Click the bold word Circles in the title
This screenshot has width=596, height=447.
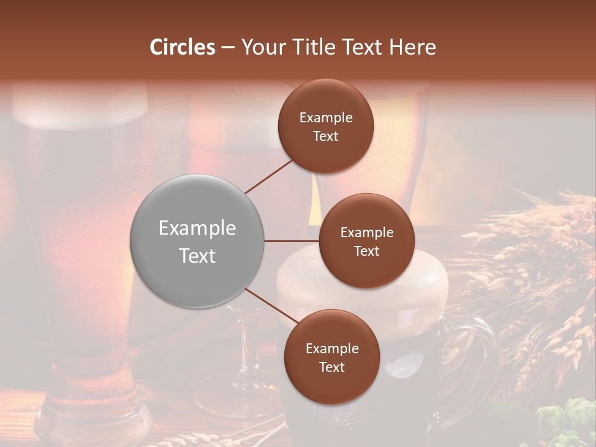(183, 47)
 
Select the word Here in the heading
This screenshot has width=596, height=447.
(412, 47)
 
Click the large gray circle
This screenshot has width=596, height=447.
(197, 241)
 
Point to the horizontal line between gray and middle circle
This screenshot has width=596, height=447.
(292, 241)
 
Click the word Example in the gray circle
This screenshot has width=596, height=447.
(197, 228)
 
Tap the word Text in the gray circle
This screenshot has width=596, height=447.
(197, 256)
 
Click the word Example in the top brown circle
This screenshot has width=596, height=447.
(326, 118)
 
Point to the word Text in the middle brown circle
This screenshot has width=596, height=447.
(366, 251)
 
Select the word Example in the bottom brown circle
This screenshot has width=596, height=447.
(332, 349)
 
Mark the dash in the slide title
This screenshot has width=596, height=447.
(228, 48)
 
